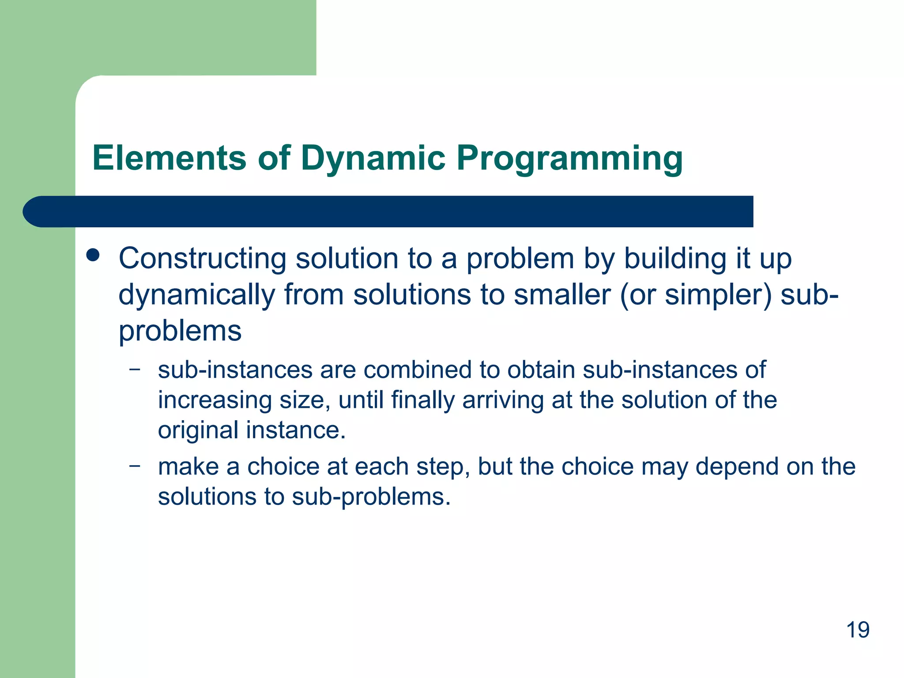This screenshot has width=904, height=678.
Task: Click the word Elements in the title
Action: (169, 158)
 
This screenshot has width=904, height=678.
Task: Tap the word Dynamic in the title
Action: (373, 158)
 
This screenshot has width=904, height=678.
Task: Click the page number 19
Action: (857, 629)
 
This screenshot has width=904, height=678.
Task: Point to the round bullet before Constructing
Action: (93, 256)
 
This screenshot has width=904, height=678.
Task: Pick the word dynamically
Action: (196, 295)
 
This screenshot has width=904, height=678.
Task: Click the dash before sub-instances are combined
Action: (135, 369)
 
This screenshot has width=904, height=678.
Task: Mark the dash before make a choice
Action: (135, 466)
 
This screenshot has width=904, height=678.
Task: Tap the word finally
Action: (422, 400)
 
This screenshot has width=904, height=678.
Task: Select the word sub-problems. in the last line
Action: (371, 497)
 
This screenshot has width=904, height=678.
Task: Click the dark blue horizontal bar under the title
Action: (388, 211)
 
